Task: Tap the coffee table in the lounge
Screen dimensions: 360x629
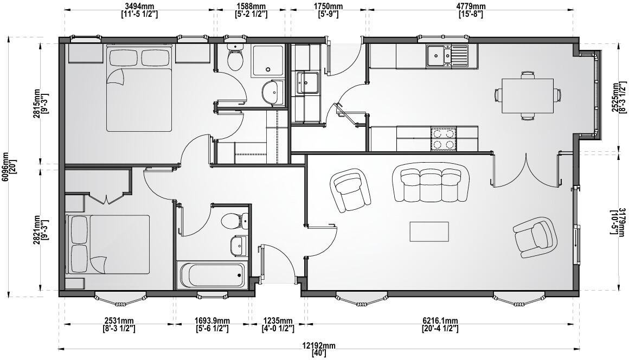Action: point(429,232)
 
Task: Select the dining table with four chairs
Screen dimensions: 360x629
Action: point(527,95)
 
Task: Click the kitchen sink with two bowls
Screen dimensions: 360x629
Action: point(447,55)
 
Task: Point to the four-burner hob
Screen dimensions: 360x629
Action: point(444,139)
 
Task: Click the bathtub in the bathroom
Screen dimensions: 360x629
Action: point(211,275)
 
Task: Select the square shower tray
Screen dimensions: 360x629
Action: point(267,60)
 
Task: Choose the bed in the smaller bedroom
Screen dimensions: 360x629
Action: point(108,245)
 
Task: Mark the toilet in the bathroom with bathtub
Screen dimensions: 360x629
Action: point(234,221)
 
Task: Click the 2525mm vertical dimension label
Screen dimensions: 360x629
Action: point(619,98)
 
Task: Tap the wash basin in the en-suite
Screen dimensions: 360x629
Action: point(271,93)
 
